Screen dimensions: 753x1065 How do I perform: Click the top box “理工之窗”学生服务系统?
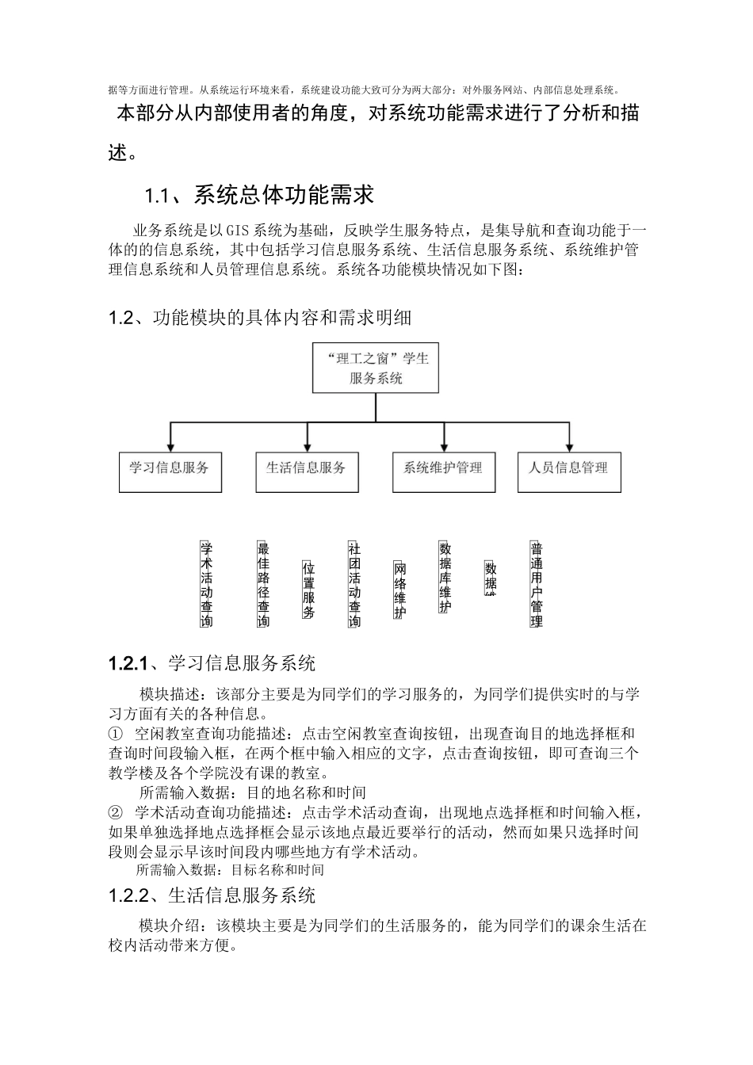tap(376, 368)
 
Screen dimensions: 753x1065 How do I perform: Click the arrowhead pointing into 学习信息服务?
tap(170, 447)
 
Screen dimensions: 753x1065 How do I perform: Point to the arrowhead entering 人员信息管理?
tap(568, 447)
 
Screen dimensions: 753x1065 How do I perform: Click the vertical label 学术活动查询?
tap(206, 584)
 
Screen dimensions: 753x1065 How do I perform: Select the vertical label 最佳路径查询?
tap(263, 584)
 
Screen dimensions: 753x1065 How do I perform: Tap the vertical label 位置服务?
tap(308, 590)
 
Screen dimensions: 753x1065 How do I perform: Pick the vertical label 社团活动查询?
tap(354, 584)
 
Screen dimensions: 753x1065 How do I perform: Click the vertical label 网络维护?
tap(399, 590)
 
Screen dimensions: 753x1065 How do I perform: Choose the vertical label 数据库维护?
tap(445, 577)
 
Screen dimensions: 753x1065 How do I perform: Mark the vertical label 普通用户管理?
tap(536, 584)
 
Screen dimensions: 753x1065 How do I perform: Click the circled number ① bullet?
tap(116, 735)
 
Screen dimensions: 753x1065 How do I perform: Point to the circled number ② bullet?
tap(116, 812)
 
